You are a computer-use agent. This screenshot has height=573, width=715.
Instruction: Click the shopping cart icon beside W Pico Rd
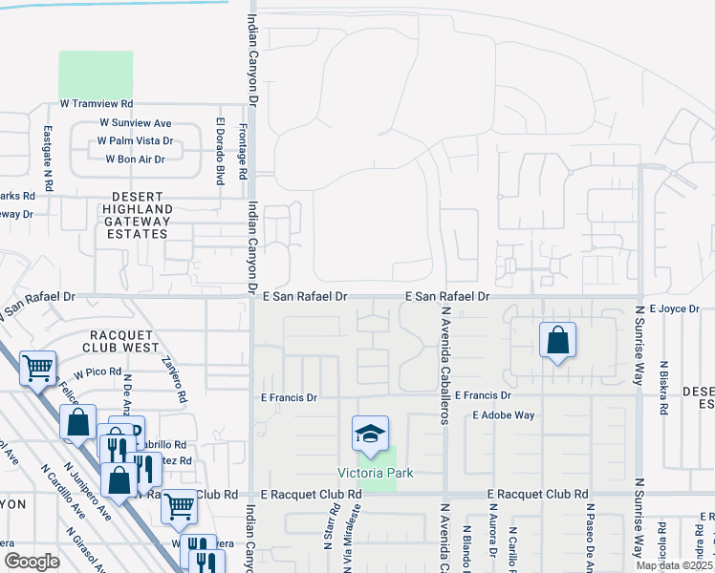(37, 367)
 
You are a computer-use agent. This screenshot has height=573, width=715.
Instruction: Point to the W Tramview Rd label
(96, 103)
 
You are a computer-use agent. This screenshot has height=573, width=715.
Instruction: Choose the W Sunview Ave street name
(135, 123)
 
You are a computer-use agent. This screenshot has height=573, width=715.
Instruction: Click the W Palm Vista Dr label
(135, 141)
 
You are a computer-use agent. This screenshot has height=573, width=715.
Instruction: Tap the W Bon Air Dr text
(135, 159)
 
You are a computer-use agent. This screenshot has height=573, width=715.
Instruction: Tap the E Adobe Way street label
(504, 415)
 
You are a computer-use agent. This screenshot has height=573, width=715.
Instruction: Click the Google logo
(32, 562)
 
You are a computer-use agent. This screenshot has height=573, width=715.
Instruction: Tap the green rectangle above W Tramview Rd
(96, 73)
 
